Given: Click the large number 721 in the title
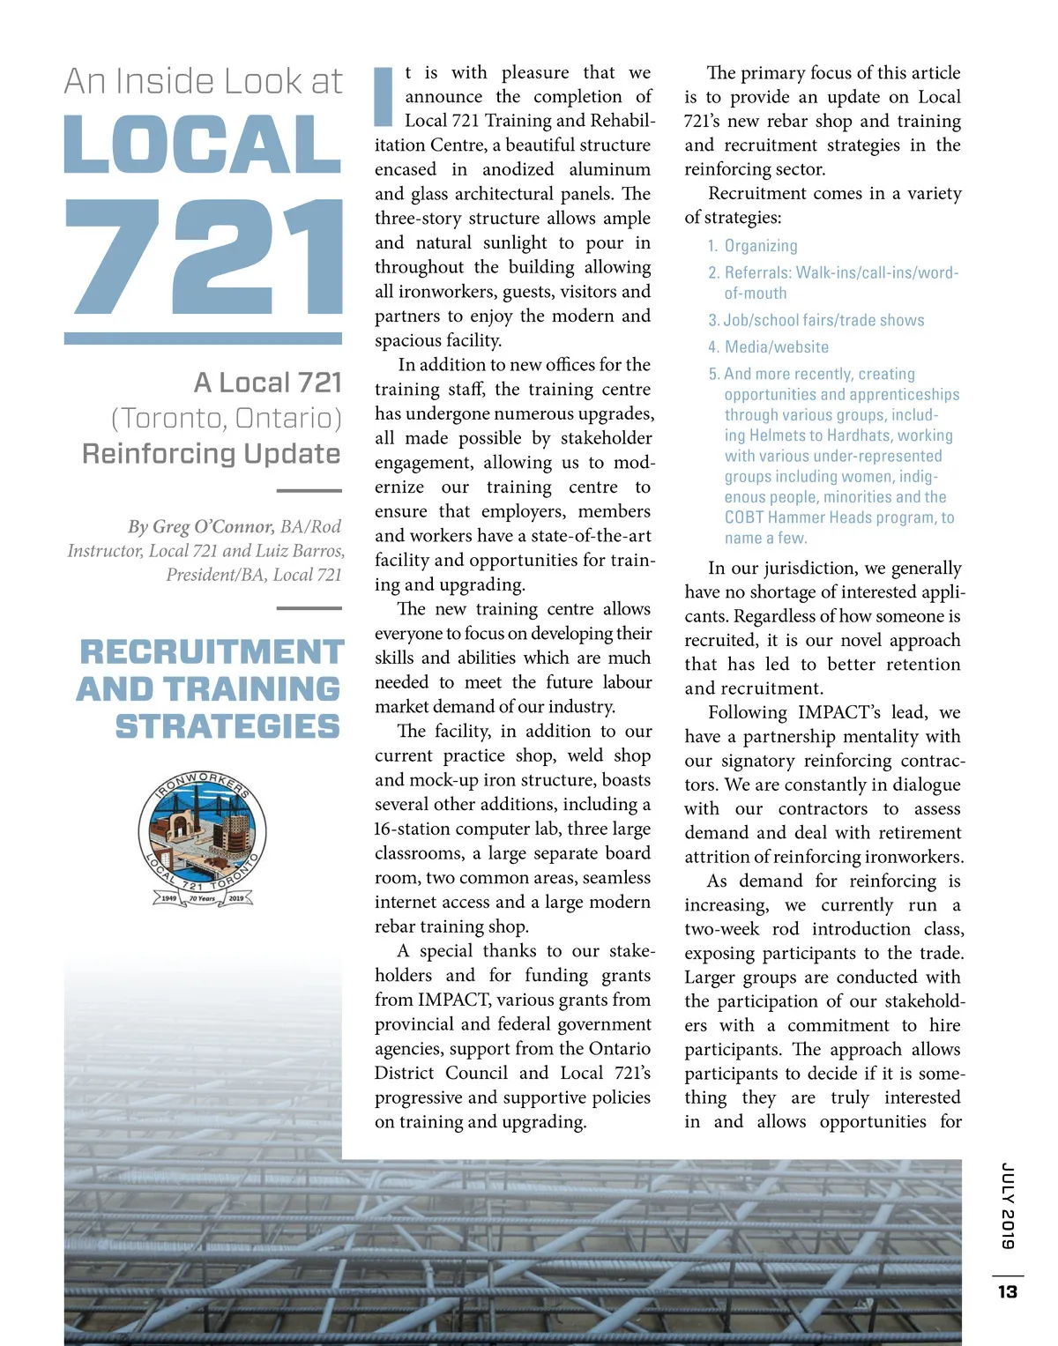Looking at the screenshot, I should coord(204,257).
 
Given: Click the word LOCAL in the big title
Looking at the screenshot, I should coord(203,145).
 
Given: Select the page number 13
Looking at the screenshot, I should coord(1008,1291).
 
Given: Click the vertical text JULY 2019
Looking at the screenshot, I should coord(1008,1205).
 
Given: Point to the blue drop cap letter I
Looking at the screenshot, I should coord(384,97).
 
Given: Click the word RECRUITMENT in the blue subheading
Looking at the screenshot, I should coord(212,652).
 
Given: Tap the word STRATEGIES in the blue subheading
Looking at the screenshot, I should coord(227,726).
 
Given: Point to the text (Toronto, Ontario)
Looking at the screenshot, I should coord(227,418).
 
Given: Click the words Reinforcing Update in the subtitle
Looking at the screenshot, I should coord(212,454).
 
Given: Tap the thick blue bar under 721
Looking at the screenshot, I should coord(203,338).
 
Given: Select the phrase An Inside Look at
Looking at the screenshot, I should coord(203,82).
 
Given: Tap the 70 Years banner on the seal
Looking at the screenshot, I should coord(202,898).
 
